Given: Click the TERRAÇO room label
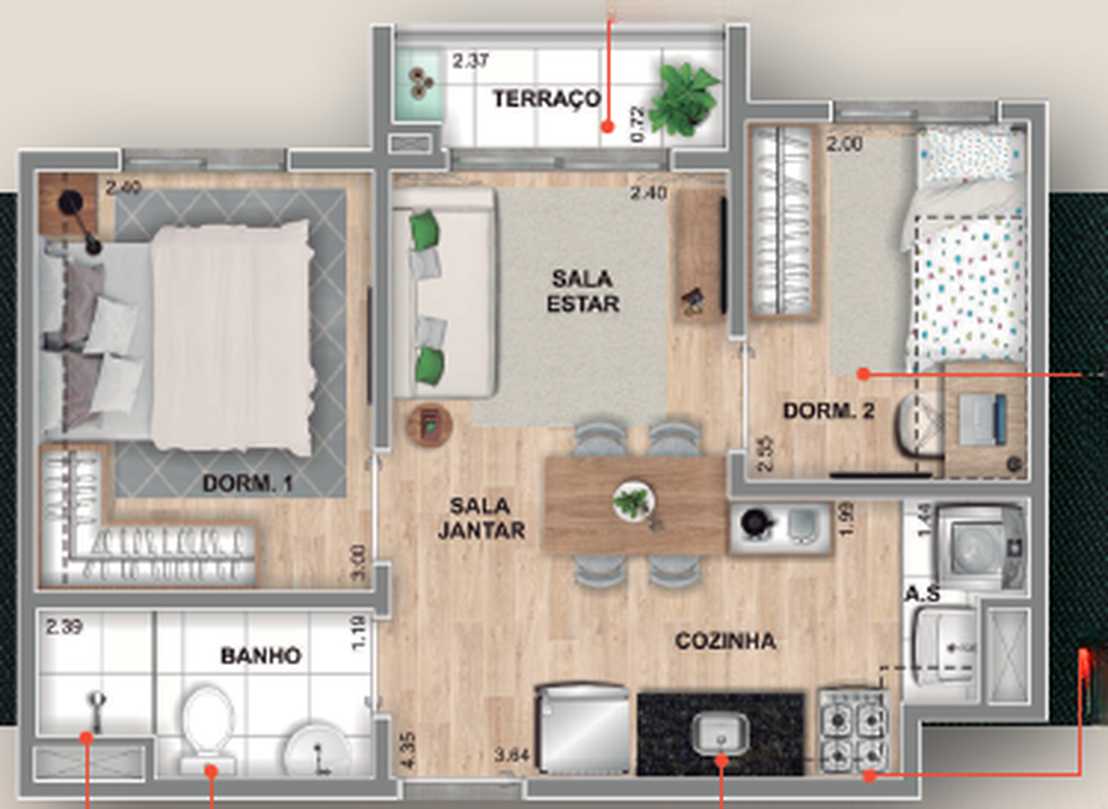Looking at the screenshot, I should point(547,99).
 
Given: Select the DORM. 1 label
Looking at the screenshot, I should point(248,484).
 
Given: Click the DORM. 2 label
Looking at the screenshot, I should point(829,411).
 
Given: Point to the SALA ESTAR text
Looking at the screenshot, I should point(582,291).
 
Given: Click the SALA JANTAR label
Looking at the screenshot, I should point(481,518).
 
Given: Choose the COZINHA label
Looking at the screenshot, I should point(725,641).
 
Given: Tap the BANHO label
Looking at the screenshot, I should point(261,656).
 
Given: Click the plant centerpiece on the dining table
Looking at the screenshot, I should point(633,501).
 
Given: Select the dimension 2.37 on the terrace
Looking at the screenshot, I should point(470,61).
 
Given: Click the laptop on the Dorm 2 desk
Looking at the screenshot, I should point(981,420).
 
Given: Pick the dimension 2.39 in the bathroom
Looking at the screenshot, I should point(64,627).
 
